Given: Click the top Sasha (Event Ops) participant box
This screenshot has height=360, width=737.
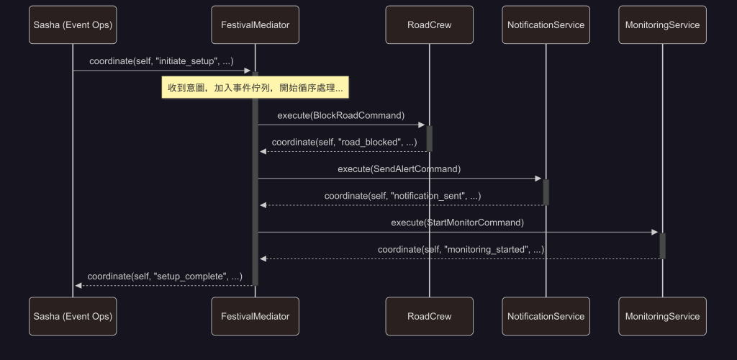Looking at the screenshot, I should coord(73,25).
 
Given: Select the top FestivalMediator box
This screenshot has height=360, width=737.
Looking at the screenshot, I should coord(255,25).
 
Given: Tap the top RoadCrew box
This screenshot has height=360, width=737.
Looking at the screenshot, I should coord(429,25).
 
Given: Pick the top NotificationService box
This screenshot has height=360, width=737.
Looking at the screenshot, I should coord(546,25).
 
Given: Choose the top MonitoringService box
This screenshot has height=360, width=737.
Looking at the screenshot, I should coord(662,25).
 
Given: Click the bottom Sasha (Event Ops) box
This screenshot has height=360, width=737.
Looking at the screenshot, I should coord(73,316).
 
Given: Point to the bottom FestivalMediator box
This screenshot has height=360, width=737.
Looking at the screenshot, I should coord(255,316).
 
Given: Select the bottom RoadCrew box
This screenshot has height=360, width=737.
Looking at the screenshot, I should coord(429,316).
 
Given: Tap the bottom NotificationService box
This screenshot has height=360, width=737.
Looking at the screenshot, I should coord(546,316).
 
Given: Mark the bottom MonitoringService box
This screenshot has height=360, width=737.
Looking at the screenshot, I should coord(662,316).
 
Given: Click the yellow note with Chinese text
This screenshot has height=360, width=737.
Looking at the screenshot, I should coord(255,88).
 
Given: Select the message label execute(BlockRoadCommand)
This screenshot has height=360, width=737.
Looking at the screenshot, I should coord(340,115).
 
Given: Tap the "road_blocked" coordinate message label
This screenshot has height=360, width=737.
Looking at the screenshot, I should coord(344,142).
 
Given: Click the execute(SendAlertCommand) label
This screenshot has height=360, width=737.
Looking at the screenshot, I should coord(399,169).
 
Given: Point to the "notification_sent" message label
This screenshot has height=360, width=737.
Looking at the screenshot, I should coord(402,196).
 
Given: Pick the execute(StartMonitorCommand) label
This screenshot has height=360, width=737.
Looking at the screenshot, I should coord(457,222).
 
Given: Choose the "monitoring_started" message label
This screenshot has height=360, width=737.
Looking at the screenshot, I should coord(461,249).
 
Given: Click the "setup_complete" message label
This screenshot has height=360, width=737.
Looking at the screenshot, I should coord(164,276).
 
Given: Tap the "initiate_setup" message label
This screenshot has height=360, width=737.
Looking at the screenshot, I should coord(161,61).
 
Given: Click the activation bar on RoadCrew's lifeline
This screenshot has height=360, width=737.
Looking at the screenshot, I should coord(429,138).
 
